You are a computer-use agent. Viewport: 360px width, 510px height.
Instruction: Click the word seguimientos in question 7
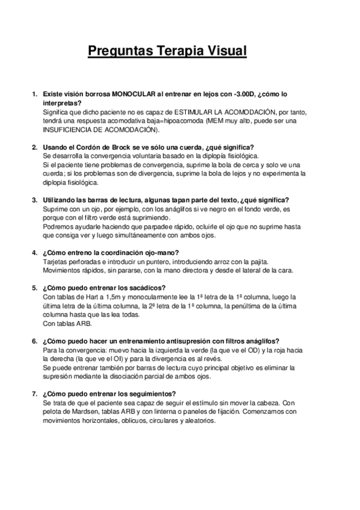(151, 393)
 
